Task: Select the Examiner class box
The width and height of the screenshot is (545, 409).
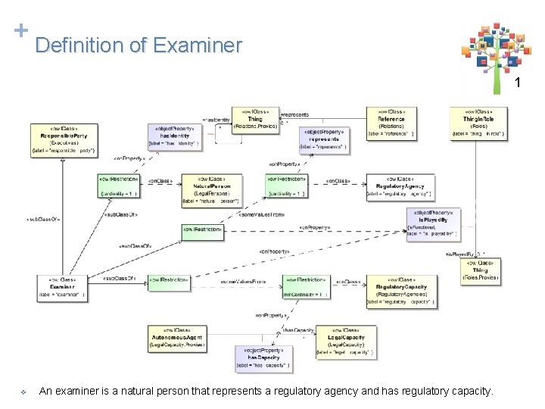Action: (61, 287)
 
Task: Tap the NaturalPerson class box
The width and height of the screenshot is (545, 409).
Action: (210, 190)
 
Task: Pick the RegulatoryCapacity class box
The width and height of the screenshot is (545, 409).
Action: (401, 291)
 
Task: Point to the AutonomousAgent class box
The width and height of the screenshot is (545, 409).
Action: (177, 338)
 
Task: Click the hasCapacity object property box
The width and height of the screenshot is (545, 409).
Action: (263, 359)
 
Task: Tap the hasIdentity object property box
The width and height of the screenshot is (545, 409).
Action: (175, 136)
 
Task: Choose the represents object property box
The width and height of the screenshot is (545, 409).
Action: (324, 139)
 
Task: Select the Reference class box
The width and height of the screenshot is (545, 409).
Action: (391, 123)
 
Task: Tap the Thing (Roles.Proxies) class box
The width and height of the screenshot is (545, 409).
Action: (480, 270)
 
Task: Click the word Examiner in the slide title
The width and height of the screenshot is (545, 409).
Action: (197, 45)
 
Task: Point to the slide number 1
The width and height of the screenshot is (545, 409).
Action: (519, 82)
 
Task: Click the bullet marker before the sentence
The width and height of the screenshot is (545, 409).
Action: (23, 392)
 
